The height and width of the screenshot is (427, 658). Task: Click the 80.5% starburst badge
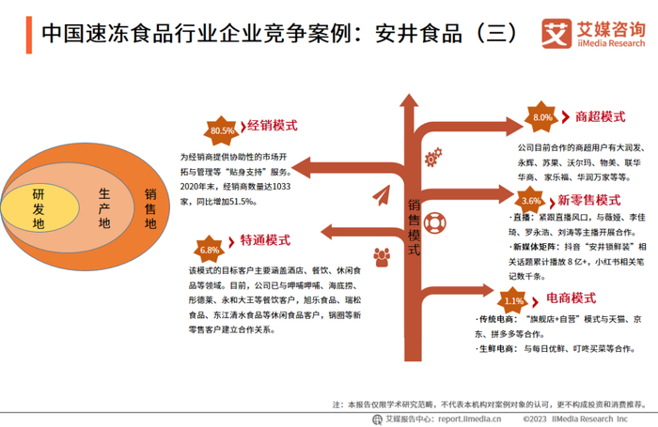(x=223, y=130)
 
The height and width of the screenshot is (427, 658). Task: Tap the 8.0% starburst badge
(x=542, y=117)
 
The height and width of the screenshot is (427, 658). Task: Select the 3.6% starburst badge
(x=531, y=201)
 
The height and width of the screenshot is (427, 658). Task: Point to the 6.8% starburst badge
(x=209, y=250)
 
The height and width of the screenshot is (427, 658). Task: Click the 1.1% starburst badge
(x=514, y=300)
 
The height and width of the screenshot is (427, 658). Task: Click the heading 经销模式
(x=272, y=126)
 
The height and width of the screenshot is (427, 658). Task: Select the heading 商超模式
(x=601, y=116)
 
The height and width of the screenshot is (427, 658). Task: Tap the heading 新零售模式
(x=589, y=200)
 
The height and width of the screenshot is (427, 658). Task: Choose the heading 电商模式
(x=572, y=298)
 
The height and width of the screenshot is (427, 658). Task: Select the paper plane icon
(x=381, y=197)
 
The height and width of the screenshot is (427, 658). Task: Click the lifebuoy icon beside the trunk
(x=437, y=224)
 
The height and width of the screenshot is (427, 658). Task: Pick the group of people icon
(x=382, y=255)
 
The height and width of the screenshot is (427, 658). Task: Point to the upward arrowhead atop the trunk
(x=414, y=102)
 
